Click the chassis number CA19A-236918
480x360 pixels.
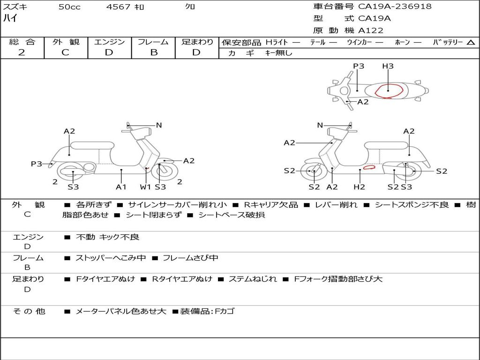pyautogui.click(x=395, y=7)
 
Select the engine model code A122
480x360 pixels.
pyautogui.click(x=371, y=30)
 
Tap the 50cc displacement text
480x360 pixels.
pyautogui.click(x=69, y=7)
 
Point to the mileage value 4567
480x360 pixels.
pyautogui.click(x=118, y=7)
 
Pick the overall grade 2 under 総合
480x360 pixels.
pyautogui.click(x=22, y=52)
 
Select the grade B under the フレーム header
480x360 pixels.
pyautogui.click(x=153, y=52)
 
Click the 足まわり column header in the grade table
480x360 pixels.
pyautogui.click(x=197, y=42)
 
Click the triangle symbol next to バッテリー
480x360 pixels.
pyautogui.click(x=471, y=43)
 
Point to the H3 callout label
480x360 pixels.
pyautogui.click(x=388, y=66)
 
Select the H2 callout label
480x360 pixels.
pyautogui.click(x=360, y=187)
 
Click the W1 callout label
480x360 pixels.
pyautogui.click(x=146, y=187)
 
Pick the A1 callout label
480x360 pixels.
pyautogui.click(x=121, y=187)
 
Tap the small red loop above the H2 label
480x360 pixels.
pyautogui.click(x=369, y=166)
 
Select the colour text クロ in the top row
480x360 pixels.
pyautogui.click(x=190, y=7)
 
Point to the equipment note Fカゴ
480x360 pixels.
pyautogui.click(x=225, y=311)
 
